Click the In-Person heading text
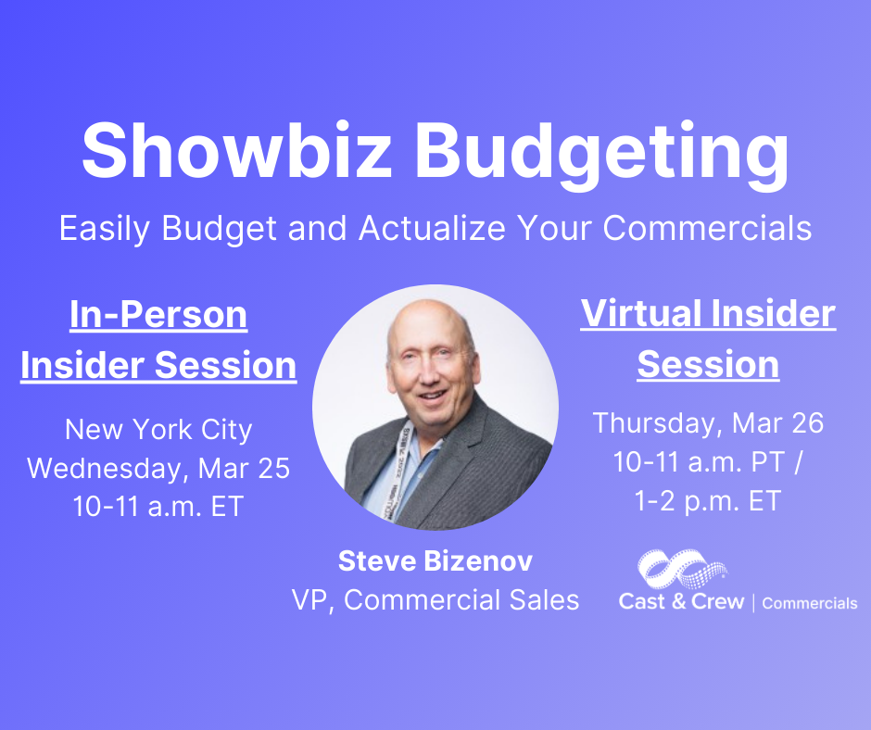click(x=158, y=315)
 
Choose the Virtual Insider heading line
click(x=708, y=314)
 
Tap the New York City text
click(x=158, y=430)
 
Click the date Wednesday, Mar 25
click(x=158, y=468)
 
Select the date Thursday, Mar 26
click(x=708, y=423)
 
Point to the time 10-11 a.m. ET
click(x=158, y=506)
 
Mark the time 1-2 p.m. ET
click(x=708, y=501)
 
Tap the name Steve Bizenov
click(x=435, y=560)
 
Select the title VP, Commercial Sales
click(x=435, y=600)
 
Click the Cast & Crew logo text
click(x=681, y=601)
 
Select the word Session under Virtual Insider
click(x=708, y=364)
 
